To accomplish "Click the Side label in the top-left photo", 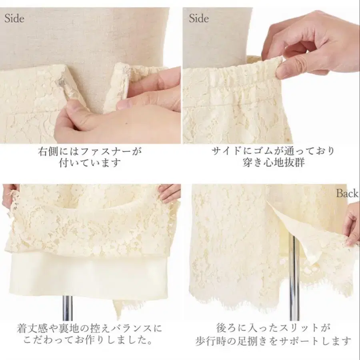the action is point(14,18).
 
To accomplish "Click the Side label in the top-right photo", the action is point(199,18).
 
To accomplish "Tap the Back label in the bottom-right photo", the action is point(347,193).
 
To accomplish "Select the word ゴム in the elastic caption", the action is point(262,151).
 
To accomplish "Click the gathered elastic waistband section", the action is point(232,74).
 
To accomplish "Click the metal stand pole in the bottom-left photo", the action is point(68,308).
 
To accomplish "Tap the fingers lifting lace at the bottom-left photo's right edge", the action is point(169,193).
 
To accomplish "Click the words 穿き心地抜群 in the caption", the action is point(274,162).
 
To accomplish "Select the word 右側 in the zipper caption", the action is point(48,152).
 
